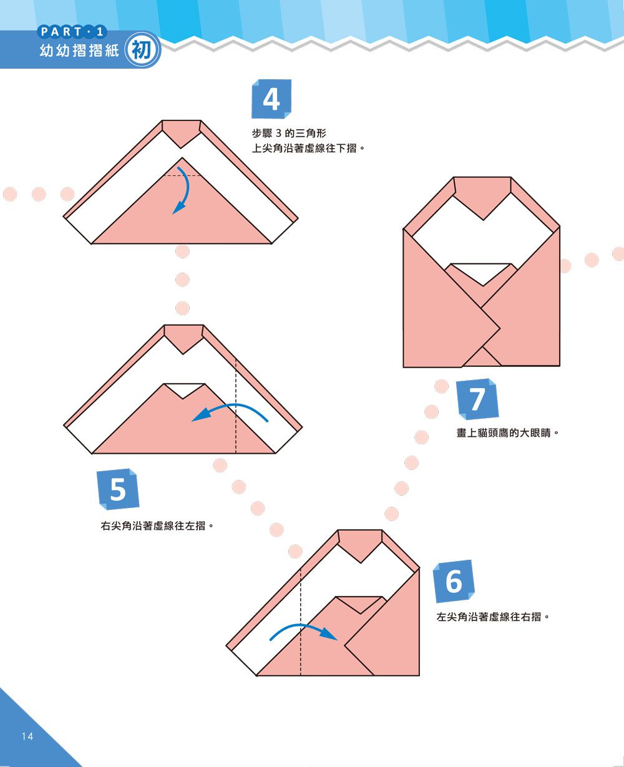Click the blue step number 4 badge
[271, 99]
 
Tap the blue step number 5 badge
[118, 489]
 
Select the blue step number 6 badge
[454, 581]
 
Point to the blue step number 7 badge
[478, 399]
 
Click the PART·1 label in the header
[72, 32]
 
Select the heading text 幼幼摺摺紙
[79, 51]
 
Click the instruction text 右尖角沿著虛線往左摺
[154, 526]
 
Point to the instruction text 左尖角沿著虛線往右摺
[490, 617]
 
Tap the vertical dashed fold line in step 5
[236, 406]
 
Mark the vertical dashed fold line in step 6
[301, 622]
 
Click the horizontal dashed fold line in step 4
[183, 176]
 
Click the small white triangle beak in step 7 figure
[482, 273]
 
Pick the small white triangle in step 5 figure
[183, 389]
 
